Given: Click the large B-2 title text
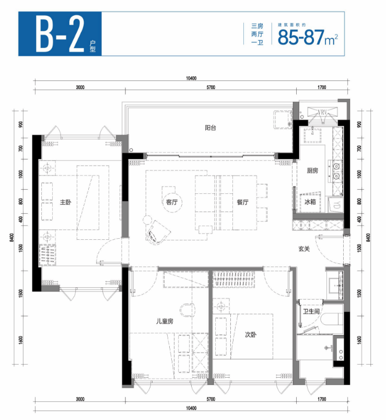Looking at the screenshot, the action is pos(60,34).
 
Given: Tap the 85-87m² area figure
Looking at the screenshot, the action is pos(308,37).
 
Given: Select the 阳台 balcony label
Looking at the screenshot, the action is pos(210,128).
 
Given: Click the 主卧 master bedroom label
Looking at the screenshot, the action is pos(65,202).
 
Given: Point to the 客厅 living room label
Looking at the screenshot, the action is pos(172,202).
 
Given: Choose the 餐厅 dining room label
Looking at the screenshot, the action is pos(242,202).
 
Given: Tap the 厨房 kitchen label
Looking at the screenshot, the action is pos(312,170).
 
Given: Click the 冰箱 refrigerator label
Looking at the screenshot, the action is pos(310,202).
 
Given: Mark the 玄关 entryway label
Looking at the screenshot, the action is pos(304,249).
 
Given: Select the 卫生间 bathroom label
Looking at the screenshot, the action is pos(311,311).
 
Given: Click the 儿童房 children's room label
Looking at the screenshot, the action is pos(165,321).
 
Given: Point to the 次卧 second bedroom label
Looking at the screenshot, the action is pos(251,334).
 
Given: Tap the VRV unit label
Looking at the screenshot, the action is pos(322,112).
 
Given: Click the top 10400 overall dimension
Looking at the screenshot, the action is pos(191,78).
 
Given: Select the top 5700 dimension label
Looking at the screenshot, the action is pos(211,87).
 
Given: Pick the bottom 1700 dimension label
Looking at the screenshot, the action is pos(322,399).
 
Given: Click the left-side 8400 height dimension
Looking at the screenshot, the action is pos(11,237).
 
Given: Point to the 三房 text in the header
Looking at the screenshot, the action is pos(257,26).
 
